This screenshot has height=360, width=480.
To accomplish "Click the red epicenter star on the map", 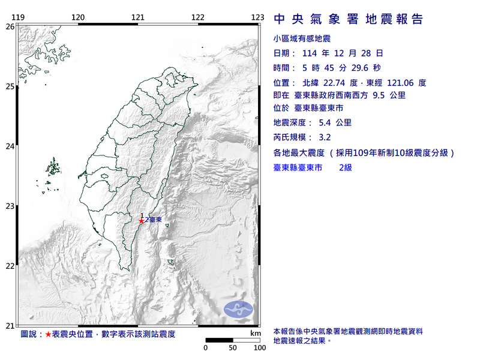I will pyautogui.click(x=141, y=220).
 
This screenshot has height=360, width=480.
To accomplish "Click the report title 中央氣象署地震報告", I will pyautogui.click(x=349, y=19).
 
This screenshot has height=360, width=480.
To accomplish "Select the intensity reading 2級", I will pyautogui.click(x=345, y=168).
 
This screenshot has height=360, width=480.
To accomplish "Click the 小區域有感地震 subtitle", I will pyautogui.click(x=301, y=39).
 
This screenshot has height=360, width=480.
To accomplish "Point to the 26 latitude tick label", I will pyautogui.click(x=10, y=26).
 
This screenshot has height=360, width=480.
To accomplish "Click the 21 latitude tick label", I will pyautogui.click(x=10, y=326).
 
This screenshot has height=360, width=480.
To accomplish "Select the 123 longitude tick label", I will pyautogui.click(x=257, y=17).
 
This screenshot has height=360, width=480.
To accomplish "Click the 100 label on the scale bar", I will pyautogui.click(x=259, y=347).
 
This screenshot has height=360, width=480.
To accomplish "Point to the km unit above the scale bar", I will pyautogui.click(x=256, y=332).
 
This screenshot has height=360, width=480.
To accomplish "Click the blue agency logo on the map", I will pyautogui.click(x=238, y=310).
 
